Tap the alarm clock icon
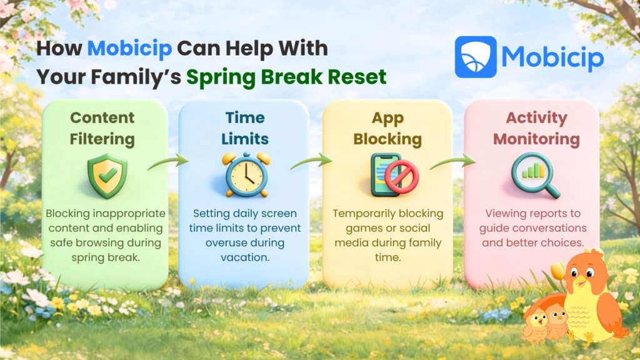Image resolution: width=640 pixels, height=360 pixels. pos(246,176)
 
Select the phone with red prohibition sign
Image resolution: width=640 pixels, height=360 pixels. pos(389,175)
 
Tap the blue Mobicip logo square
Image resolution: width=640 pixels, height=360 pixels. pos(475,57)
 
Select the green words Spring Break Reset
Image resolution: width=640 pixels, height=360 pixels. pos(286,76)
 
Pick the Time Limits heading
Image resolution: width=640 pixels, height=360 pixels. pos(245,127)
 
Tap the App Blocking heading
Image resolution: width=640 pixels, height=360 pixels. pos(387,127)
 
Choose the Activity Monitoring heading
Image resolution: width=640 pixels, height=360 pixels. pos(536,127)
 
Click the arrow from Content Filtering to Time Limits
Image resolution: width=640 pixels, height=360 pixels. pos(167,163)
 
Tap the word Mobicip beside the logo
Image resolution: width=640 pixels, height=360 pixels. pos(552,57)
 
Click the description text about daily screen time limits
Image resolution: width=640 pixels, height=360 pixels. pos(244,227)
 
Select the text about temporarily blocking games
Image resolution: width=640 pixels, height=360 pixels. pos(387,227)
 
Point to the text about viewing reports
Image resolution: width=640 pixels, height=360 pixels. pos(532,227)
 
